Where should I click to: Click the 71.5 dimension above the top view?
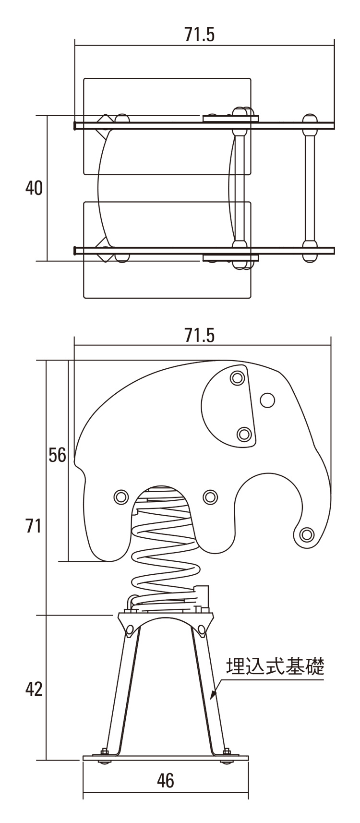pyautogui.click(x=200, y=35)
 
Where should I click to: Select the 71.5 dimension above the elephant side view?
pyautogui.click(x=200, y=335)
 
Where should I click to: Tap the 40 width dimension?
pyautogui.click(x=34, y=188)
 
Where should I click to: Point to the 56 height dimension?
pyautogui.click(x=57, y=455)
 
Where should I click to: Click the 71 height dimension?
pyautogui.click(x=33, y=526)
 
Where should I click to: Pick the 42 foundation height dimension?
pyautogui.click(x=34, y=689)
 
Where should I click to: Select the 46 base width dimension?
pyautogui.click(x=165, y=781)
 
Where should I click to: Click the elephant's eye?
pyautogui.click(x=267, y=400)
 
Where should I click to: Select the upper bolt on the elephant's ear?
pyautogui.click(x=238, y=378)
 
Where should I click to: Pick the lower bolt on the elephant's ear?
pyautogui.click(x=244, y=435)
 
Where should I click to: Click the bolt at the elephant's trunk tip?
pyautogui.click(x=307, y=533)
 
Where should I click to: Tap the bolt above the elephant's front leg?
pyautogui.click(x=210, y=497)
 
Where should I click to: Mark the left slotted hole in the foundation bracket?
pyautogui.click(x=129, y=630)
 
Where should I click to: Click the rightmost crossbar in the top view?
pyautogui.click(x=309, y=188)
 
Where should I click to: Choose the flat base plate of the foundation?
pyautogui.click(x=166, y=758)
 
